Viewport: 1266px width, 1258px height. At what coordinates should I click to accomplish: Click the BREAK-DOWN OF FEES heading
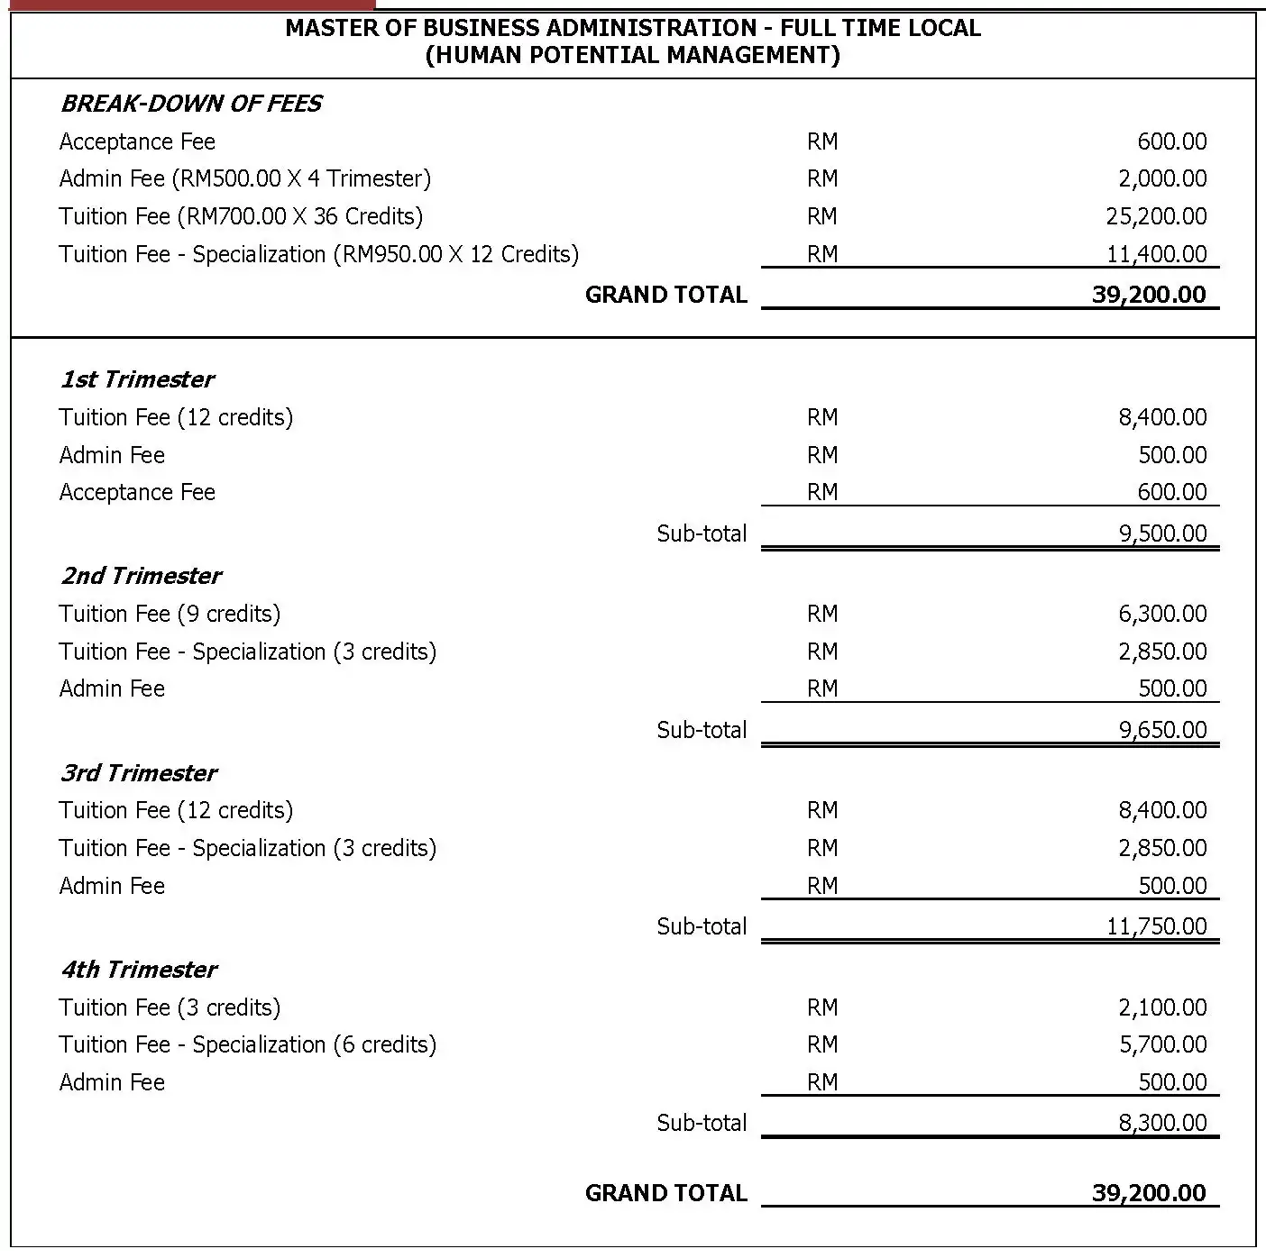[x=190, y=104]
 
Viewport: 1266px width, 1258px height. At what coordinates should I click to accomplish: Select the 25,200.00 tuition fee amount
[x=1156, y=216]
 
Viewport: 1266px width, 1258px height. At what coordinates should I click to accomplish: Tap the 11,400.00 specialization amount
[x=1156, y=254]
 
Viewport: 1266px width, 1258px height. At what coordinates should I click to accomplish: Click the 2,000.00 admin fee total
[x=1162, y=178]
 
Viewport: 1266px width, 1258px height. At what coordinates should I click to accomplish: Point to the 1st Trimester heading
[x=137, y=379]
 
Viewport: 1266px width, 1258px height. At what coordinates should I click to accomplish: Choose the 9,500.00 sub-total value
[x=1162, y=533]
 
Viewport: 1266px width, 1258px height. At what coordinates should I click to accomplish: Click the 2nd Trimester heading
[x=141, y=576]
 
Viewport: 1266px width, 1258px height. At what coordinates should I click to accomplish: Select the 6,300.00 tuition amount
[x=1162, y=614]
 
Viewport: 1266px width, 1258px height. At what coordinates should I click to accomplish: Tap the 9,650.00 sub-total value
[x=1162, y=729]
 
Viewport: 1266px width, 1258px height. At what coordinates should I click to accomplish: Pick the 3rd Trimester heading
[x=139, y=773]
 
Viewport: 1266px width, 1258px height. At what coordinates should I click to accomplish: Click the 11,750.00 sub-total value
[x=1156, y=925]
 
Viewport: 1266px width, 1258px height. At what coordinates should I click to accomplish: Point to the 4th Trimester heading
[x=139, y=970]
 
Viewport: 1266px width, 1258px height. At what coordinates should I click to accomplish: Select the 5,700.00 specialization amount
[x=1162, y=1044]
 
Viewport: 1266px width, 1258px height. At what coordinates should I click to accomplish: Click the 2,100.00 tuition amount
[x=1162, y=1007]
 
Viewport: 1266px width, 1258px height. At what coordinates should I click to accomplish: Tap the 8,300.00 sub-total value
[x=1162, y=1122]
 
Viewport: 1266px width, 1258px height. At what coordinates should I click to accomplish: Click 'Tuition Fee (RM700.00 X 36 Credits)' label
[x=241, y=216]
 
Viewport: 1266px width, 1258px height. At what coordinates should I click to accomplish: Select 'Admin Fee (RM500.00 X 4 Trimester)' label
[x=244, y=178]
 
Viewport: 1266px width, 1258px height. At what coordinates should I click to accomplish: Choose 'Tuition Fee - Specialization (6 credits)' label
[x=247, y=1044]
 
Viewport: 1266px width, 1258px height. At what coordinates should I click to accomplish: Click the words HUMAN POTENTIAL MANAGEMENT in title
[x=632, y=55]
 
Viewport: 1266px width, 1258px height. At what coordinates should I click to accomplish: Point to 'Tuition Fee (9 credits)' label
[x=170, y=614]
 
